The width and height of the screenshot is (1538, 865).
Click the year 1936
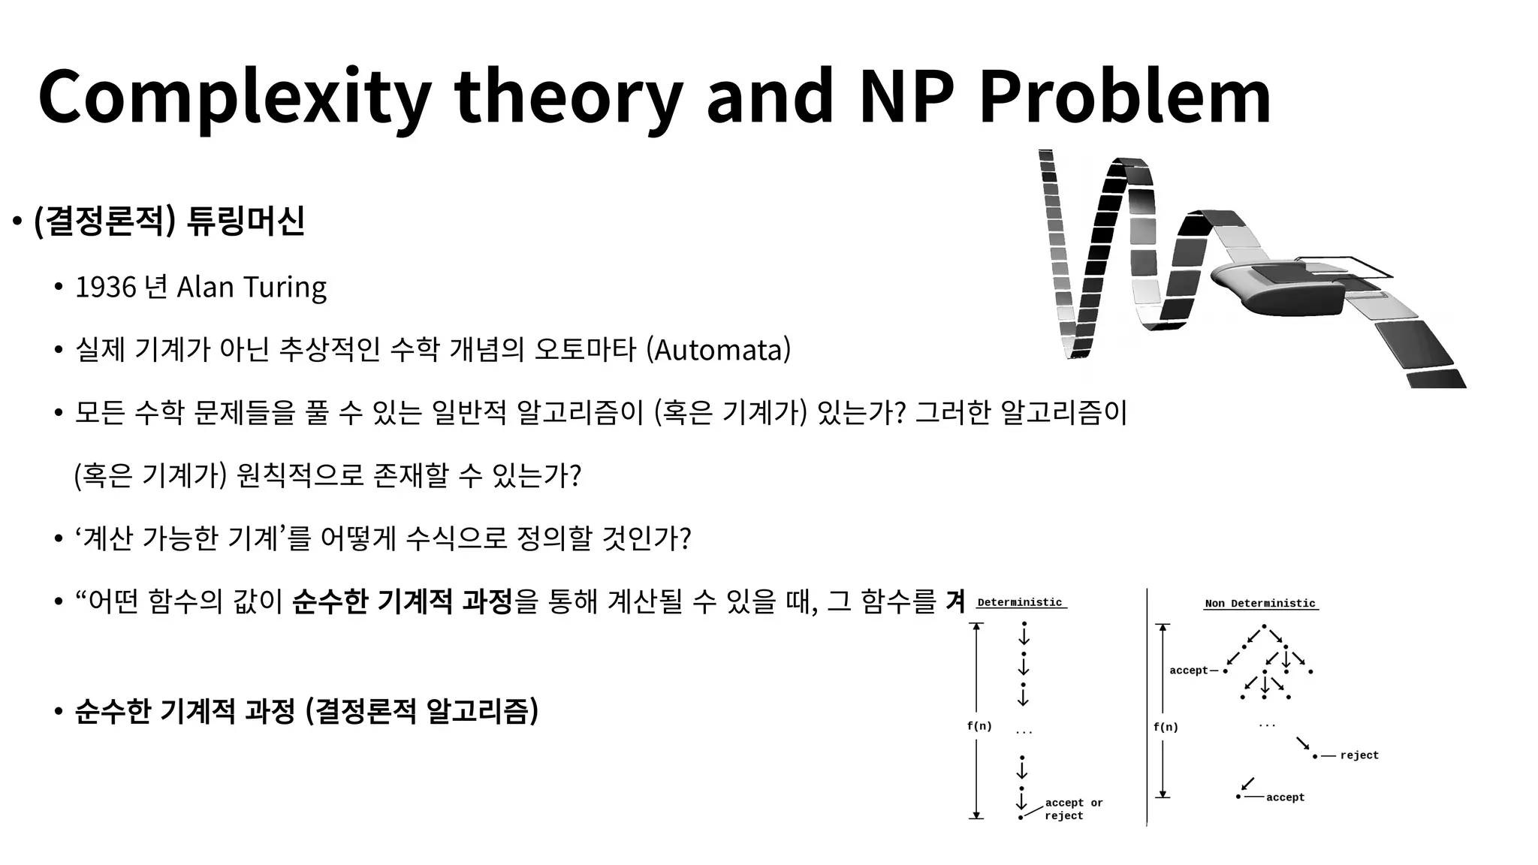106,287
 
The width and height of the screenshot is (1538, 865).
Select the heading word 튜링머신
246,221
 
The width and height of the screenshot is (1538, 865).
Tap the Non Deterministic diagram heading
1260,603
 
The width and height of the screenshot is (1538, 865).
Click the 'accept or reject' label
1073,809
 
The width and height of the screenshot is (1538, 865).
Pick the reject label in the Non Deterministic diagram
1359,755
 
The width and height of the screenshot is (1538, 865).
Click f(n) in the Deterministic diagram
979,726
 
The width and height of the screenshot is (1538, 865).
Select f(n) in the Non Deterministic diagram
1166,727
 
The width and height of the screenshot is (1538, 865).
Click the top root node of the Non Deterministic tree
1264,626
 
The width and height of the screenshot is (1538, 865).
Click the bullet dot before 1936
58,288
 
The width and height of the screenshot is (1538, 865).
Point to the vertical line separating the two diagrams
1147,706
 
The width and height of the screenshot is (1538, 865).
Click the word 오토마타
585,350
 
